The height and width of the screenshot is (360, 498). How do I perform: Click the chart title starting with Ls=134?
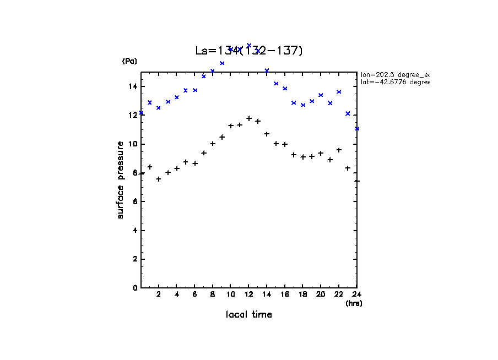249,51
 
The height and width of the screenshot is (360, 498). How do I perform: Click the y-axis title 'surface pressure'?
120,179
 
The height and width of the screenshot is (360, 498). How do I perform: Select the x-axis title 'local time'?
249,315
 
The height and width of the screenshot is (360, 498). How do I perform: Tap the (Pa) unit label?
129,62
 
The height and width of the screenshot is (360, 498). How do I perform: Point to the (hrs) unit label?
354,303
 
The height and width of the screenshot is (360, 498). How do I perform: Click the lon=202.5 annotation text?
394,74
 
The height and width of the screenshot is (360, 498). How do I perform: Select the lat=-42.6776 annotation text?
394,82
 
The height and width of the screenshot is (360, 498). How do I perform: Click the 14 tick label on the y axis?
133,86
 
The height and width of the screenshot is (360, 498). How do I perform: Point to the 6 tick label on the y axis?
134,201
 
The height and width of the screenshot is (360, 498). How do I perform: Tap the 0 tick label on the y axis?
134,287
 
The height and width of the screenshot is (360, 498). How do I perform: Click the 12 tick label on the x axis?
249,295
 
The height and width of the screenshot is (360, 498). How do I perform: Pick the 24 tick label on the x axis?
356,295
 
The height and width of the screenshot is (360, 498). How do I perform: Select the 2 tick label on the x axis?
159,295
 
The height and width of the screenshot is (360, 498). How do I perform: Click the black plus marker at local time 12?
249,118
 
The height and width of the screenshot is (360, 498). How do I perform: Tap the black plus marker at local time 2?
159,179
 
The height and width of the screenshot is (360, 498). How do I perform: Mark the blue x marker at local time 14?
267,70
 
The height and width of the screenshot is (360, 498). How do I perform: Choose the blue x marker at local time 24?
357,129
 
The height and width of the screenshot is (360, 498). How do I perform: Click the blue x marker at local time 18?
303,105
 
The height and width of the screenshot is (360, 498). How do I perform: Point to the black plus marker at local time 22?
339,150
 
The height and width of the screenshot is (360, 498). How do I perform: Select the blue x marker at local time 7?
204,76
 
